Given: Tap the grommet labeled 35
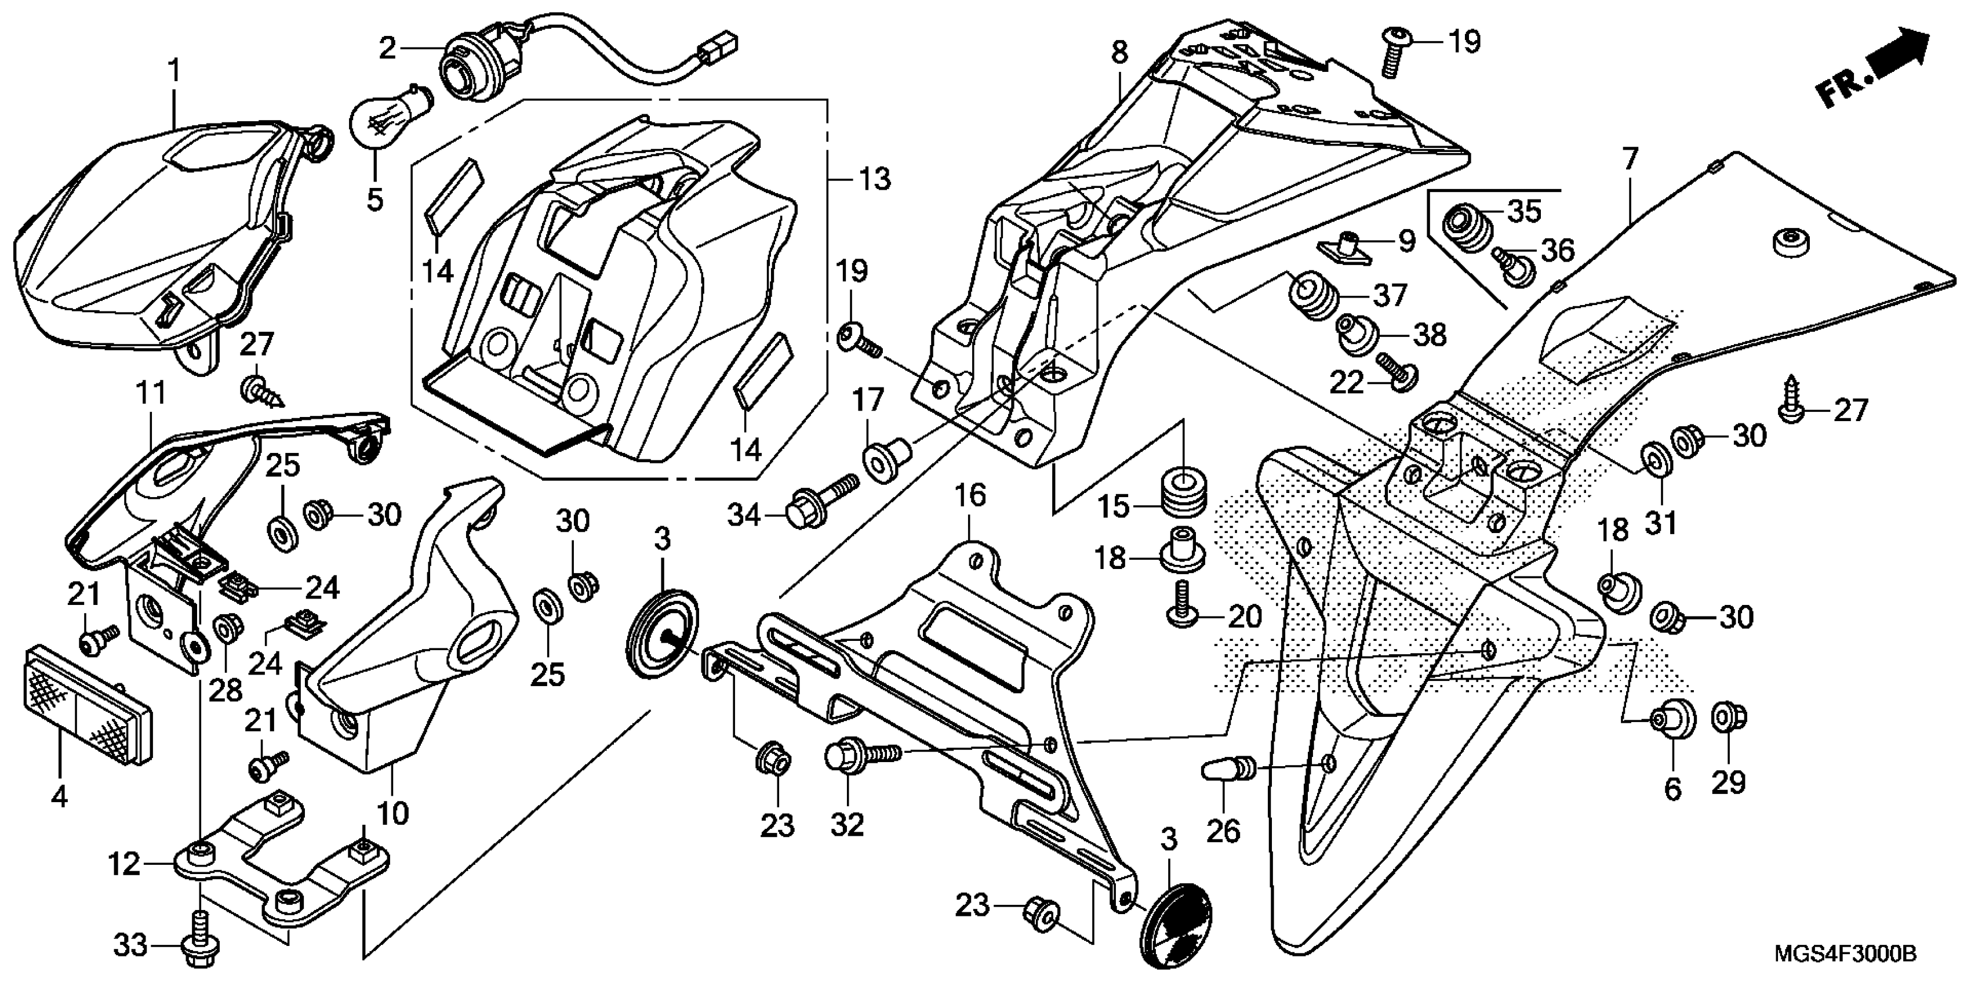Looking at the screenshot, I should coord(1468,227).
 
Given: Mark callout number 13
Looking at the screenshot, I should coord(874,179).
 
